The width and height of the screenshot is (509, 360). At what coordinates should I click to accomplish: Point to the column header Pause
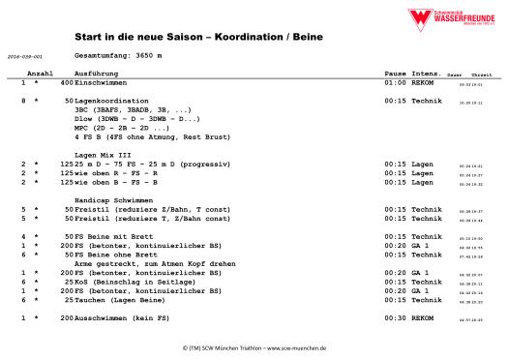[395, 74]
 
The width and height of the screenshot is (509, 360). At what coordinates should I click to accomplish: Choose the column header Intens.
[427, 74]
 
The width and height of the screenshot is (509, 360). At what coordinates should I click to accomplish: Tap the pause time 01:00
[394, 83]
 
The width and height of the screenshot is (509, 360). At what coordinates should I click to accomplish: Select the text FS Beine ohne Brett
[110, 255]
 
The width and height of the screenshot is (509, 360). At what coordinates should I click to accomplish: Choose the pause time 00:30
[394, 317]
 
